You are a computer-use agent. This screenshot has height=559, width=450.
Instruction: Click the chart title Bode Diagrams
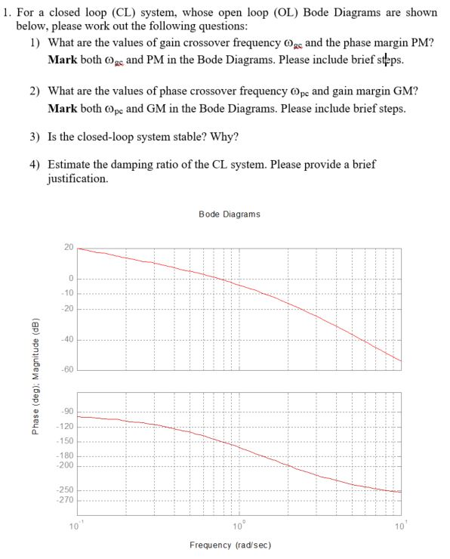(229, 214)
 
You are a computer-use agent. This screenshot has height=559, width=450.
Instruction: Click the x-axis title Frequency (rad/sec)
(230, 544)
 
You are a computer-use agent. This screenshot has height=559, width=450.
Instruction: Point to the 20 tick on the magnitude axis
(69, 248)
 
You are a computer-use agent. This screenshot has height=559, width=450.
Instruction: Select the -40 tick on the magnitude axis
(67, 338)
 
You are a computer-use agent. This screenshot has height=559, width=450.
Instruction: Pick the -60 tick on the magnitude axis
(67, 369)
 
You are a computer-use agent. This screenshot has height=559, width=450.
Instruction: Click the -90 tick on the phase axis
(67, 411)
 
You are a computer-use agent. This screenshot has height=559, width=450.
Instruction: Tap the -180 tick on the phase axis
(66, 456)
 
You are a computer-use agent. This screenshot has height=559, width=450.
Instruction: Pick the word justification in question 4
(76, 180)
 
